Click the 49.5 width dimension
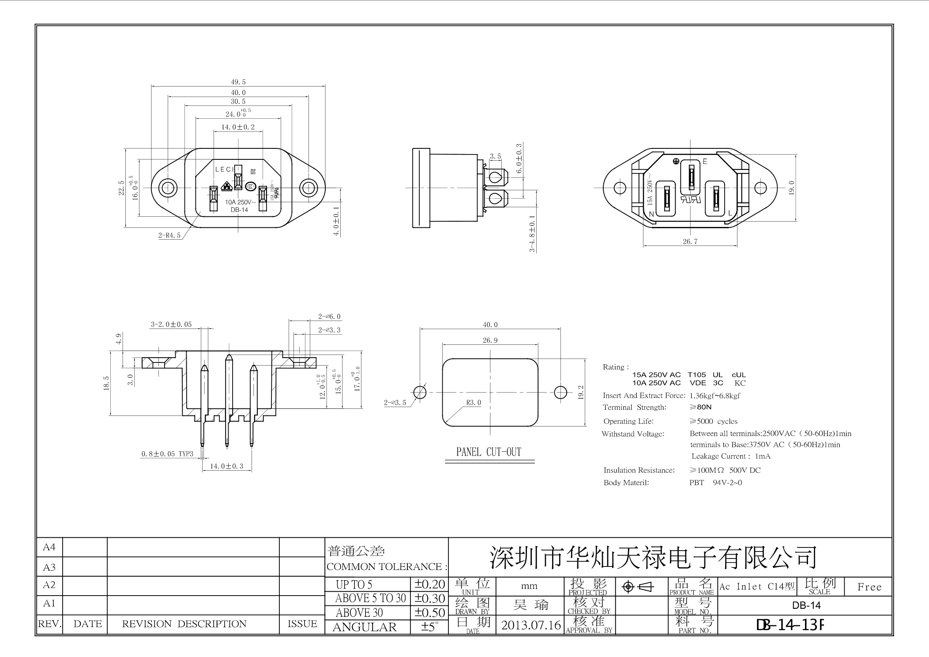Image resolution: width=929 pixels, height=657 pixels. click(x=238, y=82)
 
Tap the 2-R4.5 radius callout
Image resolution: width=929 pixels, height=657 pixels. click(x=169, y=235)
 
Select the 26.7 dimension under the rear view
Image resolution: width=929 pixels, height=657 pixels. click(x=690, y=242)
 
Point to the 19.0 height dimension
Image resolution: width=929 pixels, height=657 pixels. click(x=791, y=188)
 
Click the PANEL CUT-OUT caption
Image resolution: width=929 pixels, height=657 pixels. click(x=489, y=452)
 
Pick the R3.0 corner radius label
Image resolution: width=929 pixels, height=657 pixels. click(x=473, y=403)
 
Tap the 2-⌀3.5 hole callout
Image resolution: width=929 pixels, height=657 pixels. click(x=395, y=402)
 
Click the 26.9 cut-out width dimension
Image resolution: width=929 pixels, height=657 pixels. click(x=490, y=340)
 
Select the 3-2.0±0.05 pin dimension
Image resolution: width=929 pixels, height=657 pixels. click(x=171, y=324)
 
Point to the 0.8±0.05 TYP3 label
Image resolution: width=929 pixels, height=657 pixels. click(x=167, y=454)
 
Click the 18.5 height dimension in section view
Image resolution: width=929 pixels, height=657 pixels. click(x=106, y=383)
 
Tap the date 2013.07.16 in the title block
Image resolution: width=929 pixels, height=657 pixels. click(x=530, y=625)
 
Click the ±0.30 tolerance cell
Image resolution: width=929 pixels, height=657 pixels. click(x=429, y=598)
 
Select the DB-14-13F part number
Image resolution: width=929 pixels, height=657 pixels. click(x=790, y=625)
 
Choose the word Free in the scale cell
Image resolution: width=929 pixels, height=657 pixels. click(x=869, y=587)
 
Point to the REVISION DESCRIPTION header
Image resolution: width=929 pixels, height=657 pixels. click(x=184, y=624)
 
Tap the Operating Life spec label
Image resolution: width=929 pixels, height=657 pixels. click(x=628, y=421)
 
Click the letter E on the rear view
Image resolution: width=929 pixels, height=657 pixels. click(x=705, y=162)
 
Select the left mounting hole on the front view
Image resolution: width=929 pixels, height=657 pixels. click(x=168, y=188)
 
